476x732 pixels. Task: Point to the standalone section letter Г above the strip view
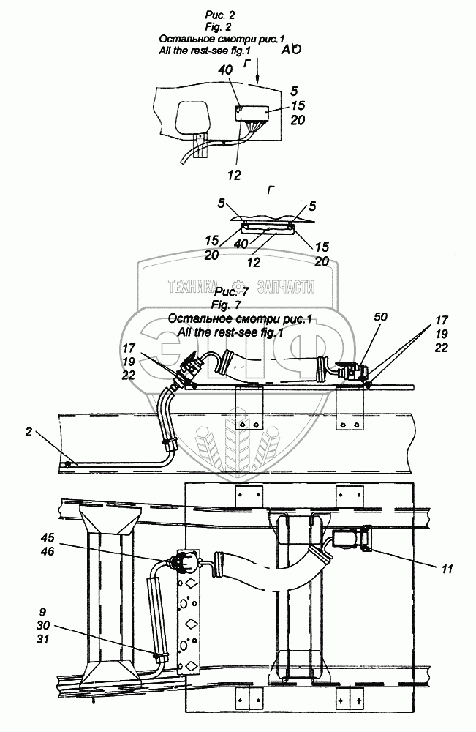271,191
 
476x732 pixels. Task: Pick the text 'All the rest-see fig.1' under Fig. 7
219,332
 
